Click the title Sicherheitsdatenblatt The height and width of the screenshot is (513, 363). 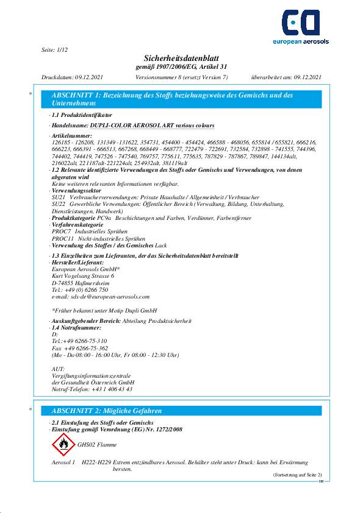tap(181, 57)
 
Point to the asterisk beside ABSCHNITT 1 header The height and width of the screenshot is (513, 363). tap(31, 94)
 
